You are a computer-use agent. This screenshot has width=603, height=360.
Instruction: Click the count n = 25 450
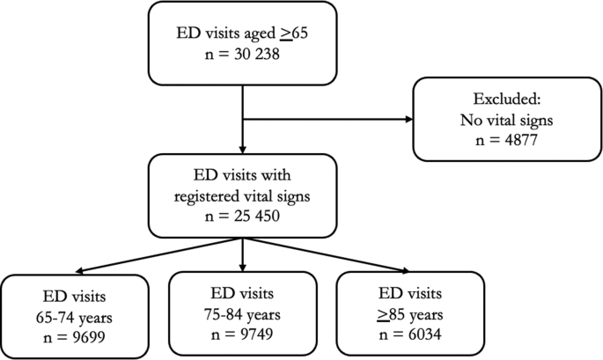click(x=242, y=214)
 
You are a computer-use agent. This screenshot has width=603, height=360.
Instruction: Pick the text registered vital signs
click(x=242, y=193)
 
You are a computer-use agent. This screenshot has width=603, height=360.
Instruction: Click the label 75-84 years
click(x=242, y=311)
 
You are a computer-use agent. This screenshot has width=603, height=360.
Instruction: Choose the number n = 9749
click(x=242, y=332)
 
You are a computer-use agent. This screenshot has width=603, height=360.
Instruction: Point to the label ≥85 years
click(x=410, y=312)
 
